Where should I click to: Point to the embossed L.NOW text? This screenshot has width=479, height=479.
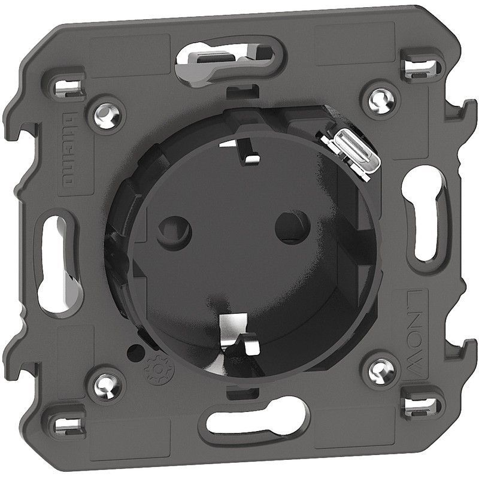coord(413,335)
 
